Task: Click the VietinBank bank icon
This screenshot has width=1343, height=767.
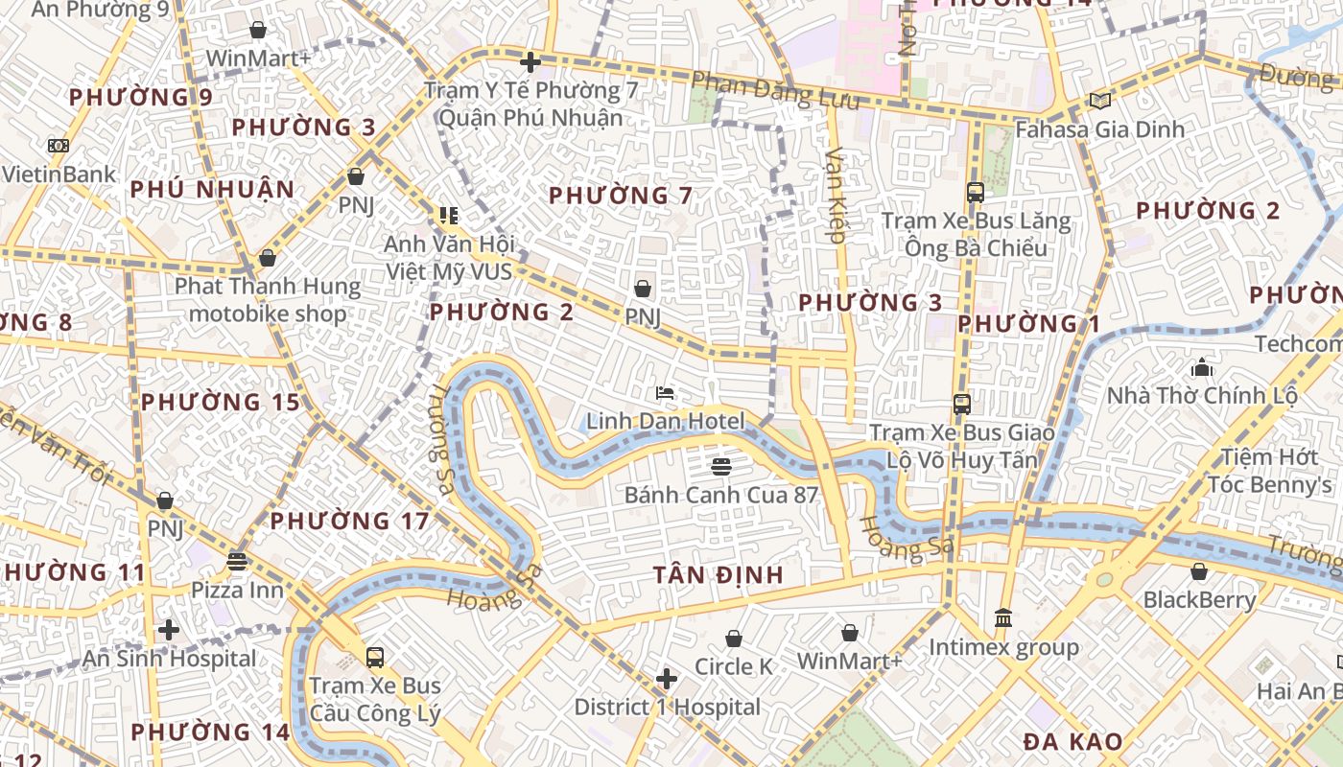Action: [x=58, y=146]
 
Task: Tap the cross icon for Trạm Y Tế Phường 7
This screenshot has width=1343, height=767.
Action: [x=530, y=63]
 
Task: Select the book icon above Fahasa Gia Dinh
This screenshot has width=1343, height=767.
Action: [x=1099, y=101]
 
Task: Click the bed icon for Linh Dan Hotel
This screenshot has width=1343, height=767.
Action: [x=665, y=393]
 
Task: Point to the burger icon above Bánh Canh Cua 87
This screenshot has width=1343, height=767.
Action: [x=721, y=467]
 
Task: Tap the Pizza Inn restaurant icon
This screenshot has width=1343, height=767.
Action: [x=237, y=562]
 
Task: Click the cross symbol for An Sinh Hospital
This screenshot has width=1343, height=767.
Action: [x=169, y=630]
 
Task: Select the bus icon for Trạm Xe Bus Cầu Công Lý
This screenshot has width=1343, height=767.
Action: [x=375, y=658]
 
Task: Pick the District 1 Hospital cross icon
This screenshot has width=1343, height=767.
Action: [x=667, y=680]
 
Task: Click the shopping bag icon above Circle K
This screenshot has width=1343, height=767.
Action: [x=734, y=639]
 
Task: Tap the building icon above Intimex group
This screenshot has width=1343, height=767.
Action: [x=1003, y=618]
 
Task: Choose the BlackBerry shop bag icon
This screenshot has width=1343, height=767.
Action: [x=1199, y=572]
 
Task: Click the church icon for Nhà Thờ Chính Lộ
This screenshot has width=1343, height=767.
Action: [x=1201, y=367]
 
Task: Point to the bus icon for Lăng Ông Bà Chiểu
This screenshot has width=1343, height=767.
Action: [x=976, y=193]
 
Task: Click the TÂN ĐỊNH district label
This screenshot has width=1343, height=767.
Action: [x=719, y=575]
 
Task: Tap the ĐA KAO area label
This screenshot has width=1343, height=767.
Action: [x=1072, y=741]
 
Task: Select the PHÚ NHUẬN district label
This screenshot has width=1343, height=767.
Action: [x=212, y=189]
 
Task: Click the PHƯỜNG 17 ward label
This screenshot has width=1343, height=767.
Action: [x=349, y=522]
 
